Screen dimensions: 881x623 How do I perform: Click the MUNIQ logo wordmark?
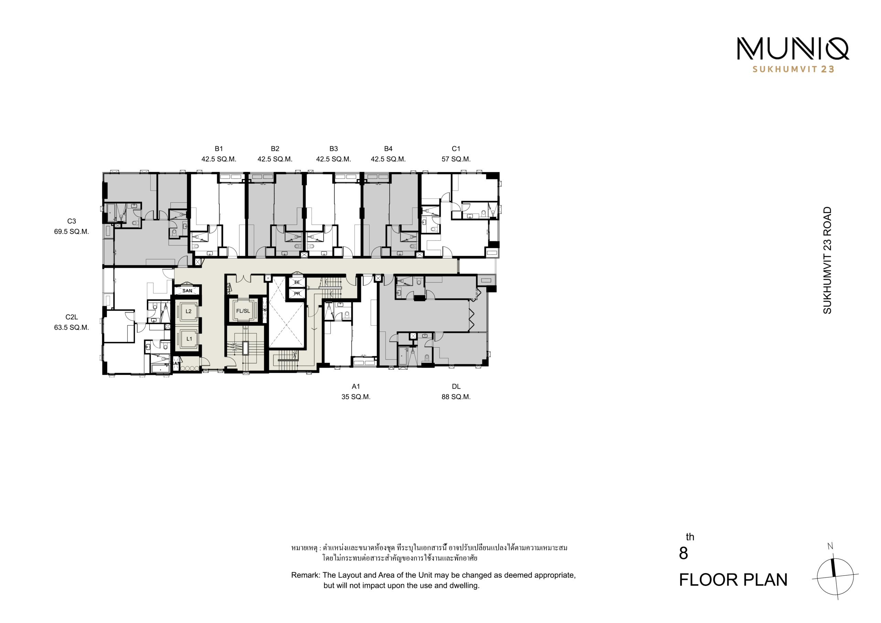click(x=793, y=49)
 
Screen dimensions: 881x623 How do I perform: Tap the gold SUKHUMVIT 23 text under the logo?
click(x=793, y=69)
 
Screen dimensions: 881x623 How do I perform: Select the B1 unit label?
click(x=219, y=149)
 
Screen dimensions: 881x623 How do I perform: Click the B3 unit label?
click(x=333, y=149)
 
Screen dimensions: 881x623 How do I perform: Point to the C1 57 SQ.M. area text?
click(x=456, y=159)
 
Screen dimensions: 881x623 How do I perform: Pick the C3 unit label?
click(x=71, y=221)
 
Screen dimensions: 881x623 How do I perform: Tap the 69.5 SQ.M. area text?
click(x=71, y=231)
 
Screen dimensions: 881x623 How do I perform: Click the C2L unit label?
click(x=71, y=317)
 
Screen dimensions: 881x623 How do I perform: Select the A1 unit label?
click(x=356, y=387)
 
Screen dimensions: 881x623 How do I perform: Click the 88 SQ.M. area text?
click(x=456, y=397)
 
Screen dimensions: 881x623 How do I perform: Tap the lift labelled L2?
click(x=188, y=311)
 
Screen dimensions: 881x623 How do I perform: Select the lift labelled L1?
click(x=188, y=339)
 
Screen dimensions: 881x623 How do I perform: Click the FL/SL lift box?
click(x=243, y=311)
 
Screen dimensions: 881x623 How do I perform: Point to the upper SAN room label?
click(x=187, y=291)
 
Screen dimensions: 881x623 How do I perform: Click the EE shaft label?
click(x=297, y=283)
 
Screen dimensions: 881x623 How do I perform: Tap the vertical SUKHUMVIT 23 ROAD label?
click(x=827, y=260)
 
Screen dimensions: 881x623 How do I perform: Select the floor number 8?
click(x=683, y=553)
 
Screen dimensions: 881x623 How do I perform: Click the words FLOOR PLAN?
click(x=733, y=580)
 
